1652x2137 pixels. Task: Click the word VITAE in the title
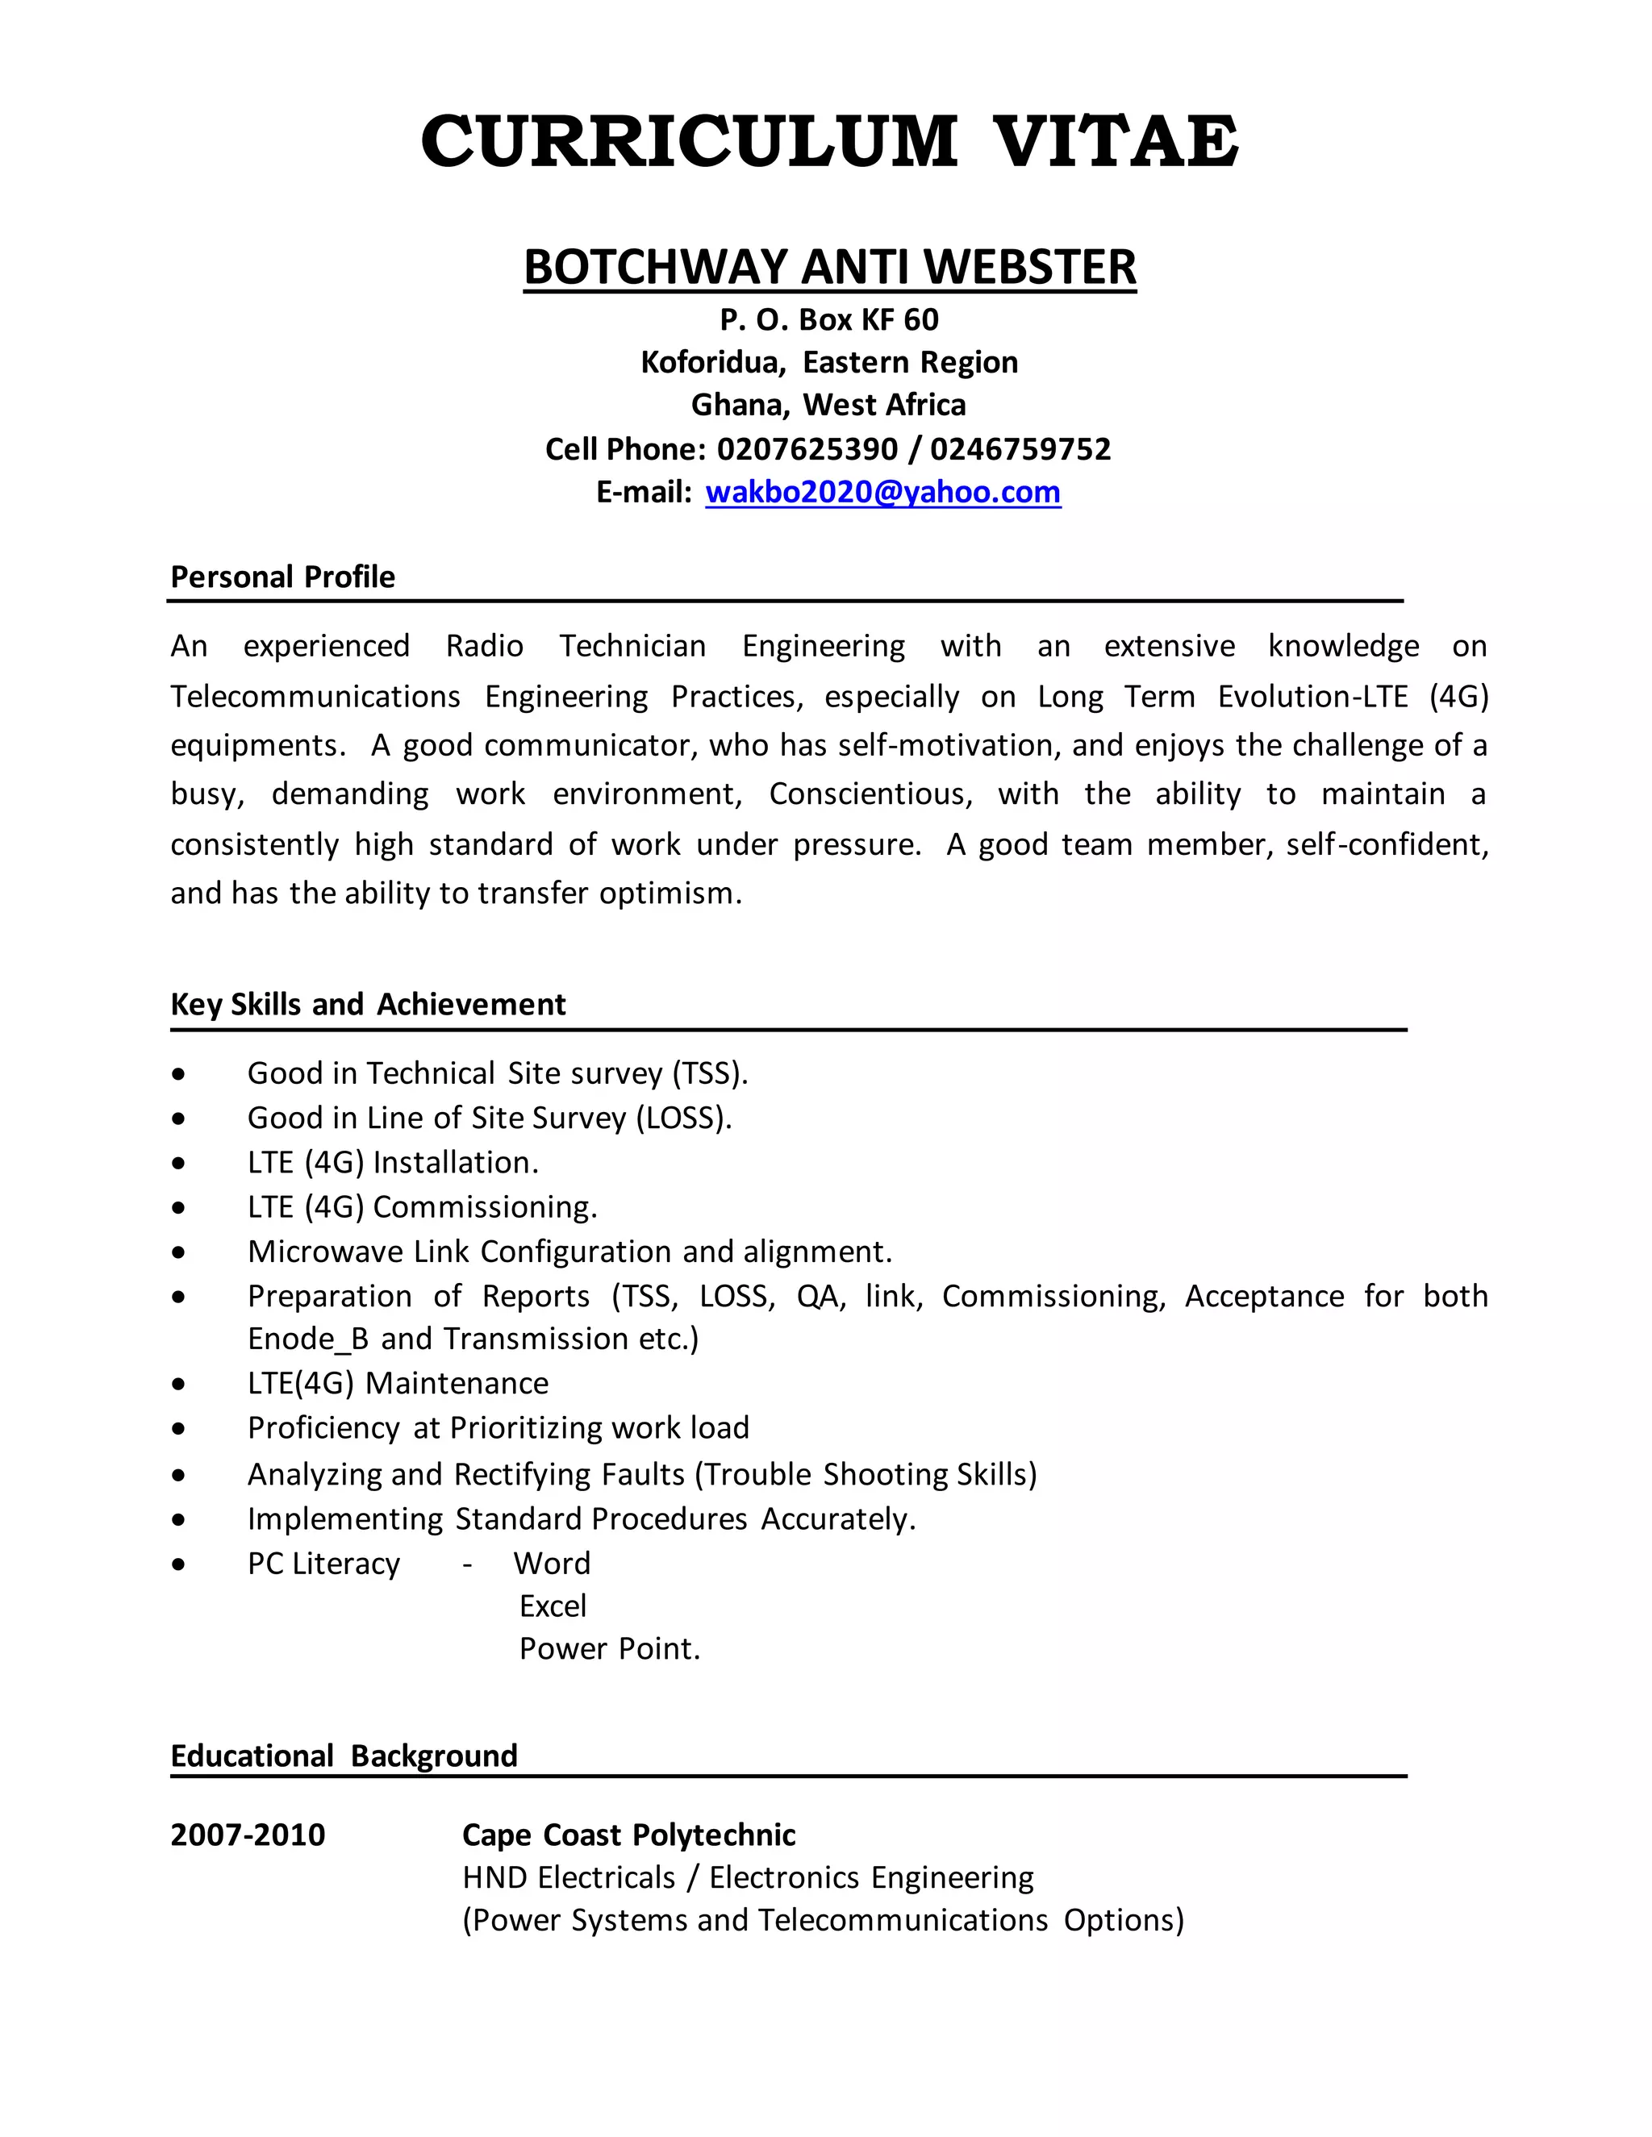click(1116, 141)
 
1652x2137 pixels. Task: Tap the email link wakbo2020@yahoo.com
click(882, 491)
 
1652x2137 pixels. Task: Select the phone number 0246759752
click(1020, 449)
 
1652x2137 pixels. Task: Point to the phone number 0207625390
click(807, 449)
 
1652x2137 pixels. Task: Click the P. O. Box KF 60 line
click(829, 320)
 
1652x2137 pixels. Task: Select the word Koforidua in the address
click(712, 363)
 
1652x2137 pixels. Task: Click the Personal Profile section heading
click(283, 577)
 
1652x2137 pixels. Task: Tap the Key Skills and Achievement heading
click(368, 1005)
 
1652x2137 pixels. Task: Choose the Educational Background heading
click(344, 1756)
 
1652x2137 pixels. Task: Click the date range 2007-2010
click(248, 1835)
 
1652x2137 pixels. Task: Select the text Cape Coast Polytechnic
click(628, 1835)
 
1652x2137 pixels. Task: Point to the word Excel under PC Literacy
click(552, 1606)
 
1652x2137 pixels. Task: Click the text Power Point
click(609, 1649)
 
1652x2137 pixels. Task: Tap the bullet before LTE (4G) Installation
click(177, 1164)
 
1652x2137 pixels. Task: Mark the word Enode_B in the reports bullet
click(308, 1339)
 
